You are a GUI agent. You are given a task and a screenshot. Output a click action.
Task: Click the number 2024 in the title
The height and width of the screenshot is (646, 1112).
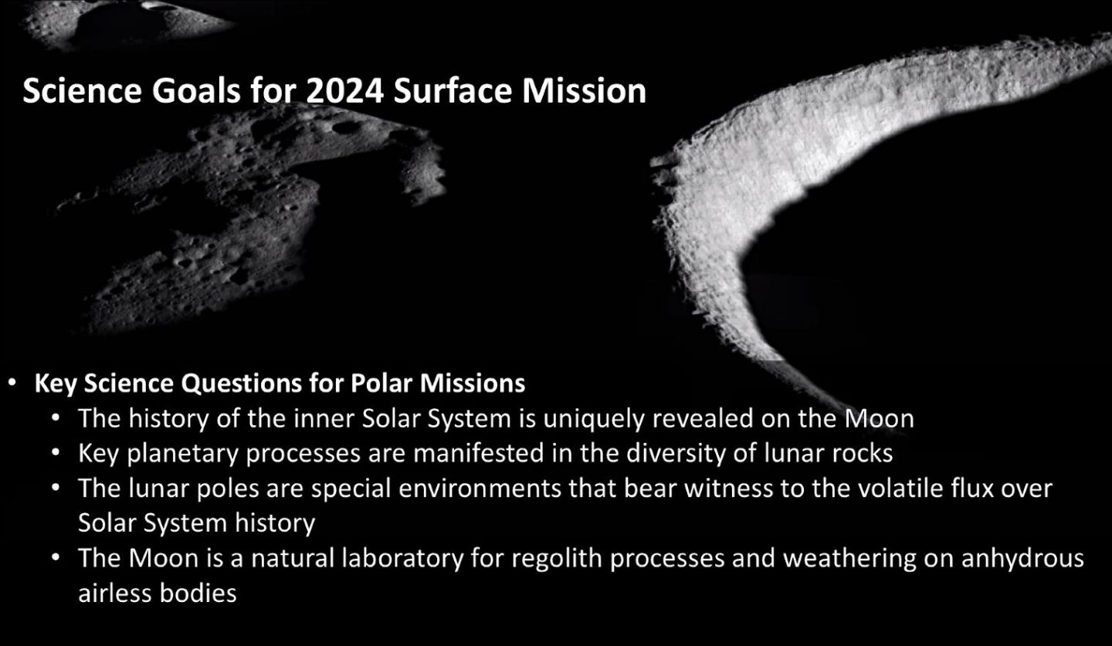pyautogui.click(x=344, y=91)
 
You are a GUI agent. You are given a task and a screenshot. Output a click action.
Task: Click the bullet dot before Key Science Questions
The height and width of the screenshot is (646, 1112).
pyautogui.click(x=12, y=383)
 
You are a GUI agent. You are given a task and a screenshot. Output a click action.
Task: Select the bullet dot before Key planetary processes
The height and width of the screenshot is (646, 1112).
pyautogui.click(x=56, y=454)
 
